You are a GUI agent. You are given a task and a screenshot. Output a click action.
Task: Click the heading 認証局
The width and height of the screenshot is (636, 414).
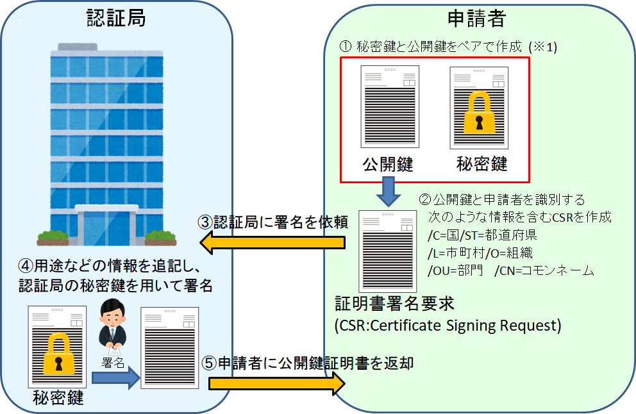pos(116,18)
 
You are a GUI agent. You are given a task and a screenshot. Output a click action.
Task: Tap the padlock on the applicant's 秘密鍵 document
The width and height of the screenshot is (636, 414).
pos(478,112)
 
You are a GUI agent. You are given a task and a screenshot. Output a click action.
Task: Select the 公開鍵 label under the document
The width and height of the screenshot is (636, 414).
pos(388,164)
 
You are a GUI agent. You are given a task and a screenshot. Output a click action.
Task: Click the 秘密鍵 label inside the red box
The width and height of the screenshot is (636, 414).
pos(482,164)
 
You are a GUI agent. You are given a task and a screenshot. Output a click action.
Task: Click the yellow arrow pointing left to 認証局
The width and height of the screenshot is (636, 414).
pos(272,243)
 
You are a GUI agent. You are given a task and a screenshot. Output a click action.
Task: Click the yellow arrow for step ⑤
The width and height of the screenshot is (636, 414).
pos(276,383)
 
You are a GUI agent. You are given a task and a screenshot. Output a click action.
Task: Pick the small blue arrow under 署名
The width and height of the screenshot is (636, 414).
pos(115,377)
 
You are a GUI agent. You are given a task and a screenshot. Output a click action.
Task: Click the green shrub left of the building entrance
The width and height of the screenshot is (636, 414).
pos(53,236)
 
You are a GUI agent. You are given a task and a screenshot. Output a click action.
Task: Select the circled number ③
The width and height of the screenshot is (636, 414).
pos(204,222)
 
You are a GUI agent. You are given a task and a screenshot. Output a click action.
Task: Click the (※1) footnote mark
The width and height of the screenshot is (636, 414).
pos(542,47)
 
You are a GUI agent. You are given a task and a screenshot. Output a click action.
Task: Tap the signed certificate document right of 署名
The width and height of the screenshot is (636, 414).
pos(170,347)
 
